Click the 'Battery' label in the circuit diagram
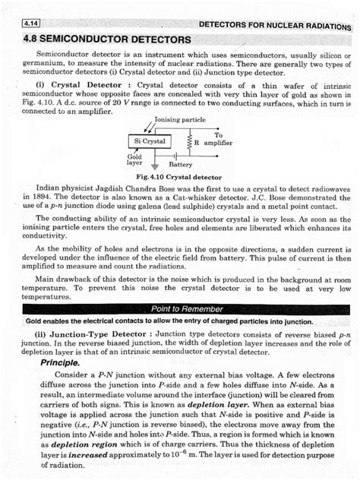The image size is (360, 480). coord(181,164)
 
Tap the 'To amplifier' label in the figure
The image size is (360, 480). coord(218,139)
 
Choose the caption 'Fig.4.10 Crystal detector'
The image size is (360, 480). coord(179,176)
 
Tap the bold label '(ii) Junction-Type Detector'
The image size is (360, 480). coord(90,333)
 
